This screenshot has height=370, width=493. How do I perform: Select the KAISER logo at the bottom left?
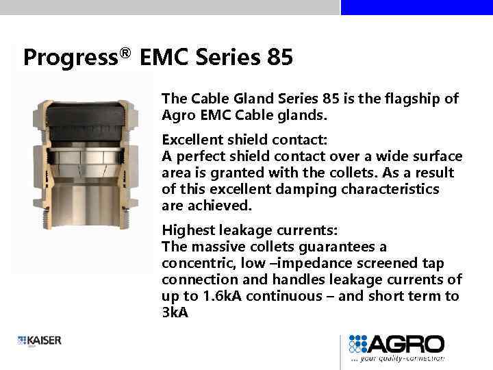tap(40, 341)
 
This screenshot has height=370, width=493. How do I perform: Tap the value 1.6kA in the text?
tap(222, 297)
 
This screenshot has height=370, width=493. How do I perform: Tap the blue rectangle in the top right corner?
tap(416, 7)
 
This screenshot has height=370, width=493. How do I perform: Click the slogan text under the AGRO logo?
tap(397, 358)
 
